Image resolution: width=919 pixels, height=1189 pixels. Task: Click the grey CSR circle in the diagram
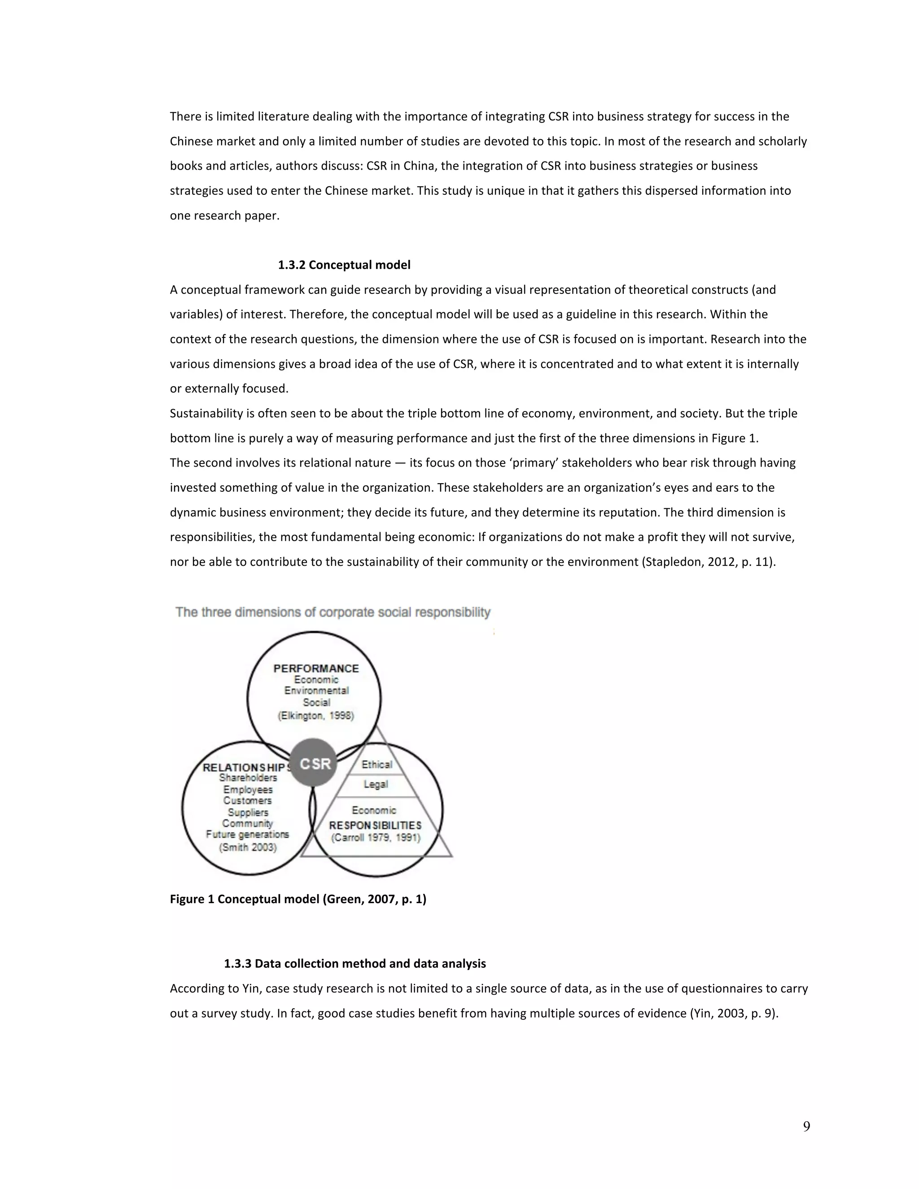click(x=314, y=763)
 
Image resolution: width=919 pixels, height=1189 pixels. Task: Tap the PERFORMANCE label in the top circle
click(x=316, y=669)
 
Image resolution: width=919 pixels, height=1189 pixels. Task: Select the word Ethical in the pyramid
click(x=377, y=765)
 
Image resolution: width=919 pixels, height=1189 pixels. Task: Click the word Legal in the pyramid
click(x=376, y=784)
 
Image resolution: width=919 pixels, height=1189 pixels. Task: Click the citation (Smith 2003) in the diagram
click(x=248, y=848)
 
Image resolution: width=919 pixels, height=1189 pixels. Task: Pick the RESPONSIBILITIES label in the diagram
click(x=375, y=825)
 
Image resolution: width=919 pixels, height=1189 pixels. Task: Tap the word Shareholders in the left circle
click(x=248, y=778)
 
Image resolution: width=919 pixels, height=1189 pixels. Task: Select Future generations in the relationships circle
click(x=248, y=835)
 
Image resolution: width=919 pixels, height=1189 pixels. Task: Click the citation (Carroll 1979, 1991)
click(x=376, y=837)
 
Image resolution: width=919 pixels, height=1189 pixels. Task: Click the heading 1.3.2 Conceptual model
click(x=344, y=265)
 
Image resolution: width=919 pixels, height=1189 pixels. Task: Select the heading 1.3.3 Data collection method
click(x=355, y=964)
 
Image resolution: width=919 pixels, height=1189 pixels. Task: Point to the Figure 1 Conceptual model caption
click(x=298, y=899)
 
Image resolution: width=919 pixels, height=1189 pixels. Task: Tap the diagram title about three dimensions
click(x=333, y=612)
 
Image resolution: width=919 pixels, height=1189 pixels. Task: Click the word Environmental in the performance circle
click(x=316, y=691)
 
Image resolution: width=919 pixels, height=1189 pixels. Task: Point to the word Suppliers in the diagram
click(x=248, y=812)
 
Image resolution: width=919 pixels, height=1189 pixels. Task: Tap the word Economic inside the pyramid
click(x=374, y=810)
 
